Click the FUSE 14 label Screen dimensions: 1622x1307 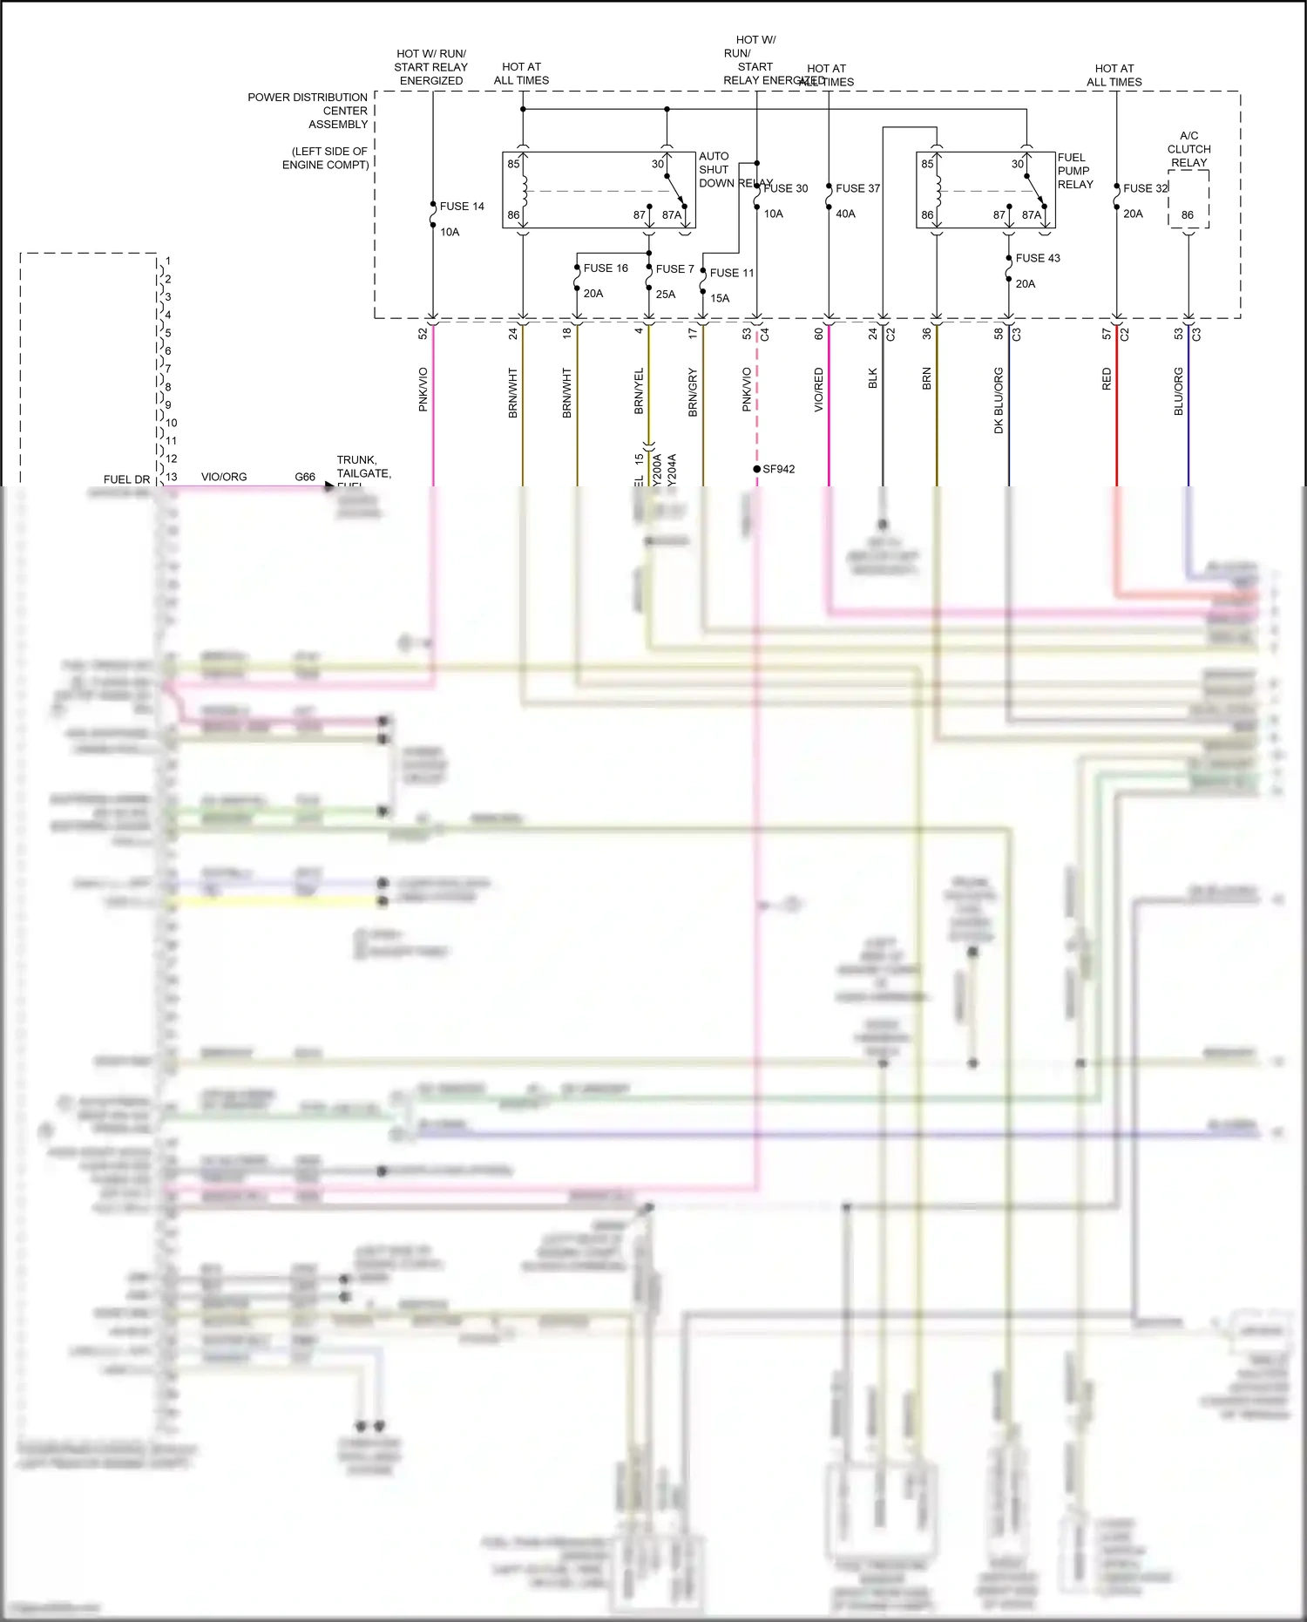click(x=462, y=207)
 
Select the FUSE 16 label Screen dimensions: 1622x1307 click(x=606, y=268)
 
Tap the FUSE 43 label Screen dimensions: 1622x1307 click(x=1038, y=258)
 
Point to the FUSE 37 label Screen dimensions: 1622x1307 click(x=857, y=188)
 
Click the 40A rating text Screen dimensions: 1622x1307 click(x=845, y=214)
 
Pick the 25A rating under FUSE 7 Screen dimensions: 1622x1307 click(x=666, y=295)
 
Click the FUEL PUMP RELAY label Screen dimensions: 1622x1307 click(x=1074, y=171)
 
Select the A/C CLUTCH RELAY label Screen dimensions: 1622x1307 click(x=1188, y=149)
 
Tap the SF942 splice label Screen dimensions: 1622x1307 click(x=778, y=469)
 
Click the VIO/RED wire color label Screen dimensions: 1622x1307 click(x=819, y=390)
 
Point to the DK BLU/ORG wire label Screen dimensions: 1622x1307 click(x=999, y=400)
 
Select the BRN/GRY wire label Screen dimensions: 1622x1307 click(x=693, y=392)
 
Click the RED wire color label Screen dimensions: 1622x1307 click(x=1107, y=378)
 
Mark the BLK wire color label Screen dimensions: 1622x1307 click(x=873, y=378)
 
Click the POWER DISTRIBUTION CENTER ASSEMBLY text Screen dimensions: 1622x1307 click(x=308, y=111)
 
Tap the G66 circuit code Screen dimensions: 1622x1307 click(x=305, y=477)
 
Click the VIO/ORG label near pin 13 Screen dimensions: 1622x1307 click(x=224, y=477)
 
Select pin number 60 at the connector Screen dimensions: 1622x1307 click(x=819, y=333)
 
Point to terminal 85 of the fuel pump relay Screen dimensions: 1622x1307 click(x=927, y=164)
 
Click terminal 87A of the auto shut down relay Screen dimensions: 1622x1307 click(x=671, y=214)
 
